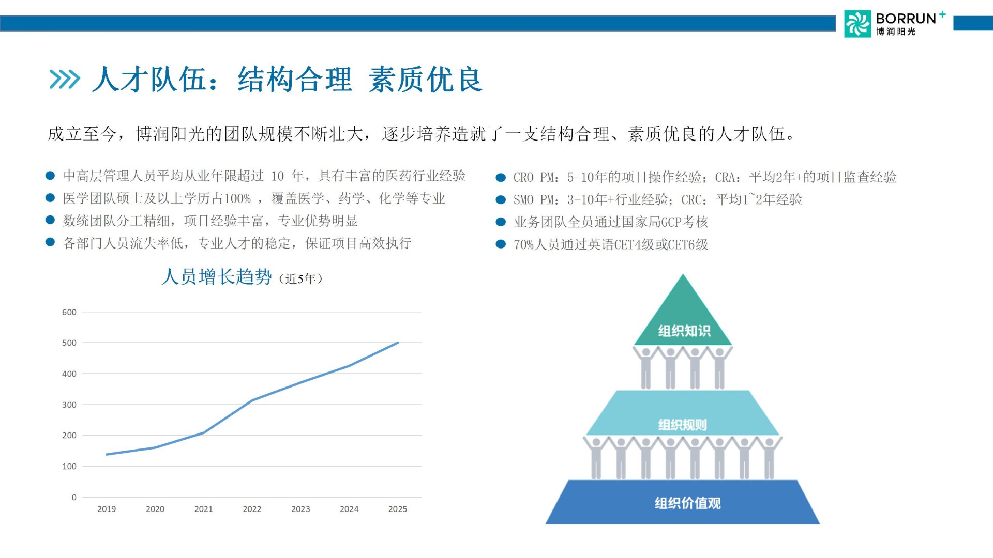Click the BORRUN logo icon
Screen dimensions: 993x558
point(857,24)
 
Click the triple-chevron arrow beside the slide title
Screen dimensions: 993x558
point(65,80)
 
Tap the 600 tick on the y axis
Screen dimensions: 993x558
point(69,312)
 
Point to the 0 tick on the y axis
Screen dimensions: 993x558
point(74,498)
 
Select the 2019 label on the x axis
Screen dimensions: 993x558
point(107,509)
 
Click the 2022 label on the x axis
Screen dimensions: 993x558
point(252,509)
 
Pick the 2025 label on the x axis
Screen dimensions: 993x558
point(398,509)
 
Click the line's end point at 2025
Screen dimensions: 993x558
point(398,343)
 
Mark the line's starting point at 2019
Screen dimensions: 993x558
point(107,455)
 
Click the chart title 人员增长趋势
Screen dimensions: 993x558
point(217,277)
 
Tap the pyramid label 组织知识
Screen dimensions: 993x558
point(684,331)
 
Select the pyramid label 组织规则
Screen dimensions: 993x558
point(682,425)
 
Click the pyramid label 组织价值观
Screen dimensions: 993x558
point(687,503)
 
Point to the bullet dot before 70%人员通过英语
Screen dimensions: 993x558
point(501,244)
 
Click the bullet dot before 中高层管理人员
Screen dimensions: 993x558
point(50,176)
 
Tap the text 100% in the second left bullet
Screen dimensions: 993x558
point(237,199)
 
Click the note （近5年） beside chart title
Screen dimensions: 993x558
point(301,279)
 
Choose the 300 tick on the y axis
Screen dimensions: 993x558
point(69,405)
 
